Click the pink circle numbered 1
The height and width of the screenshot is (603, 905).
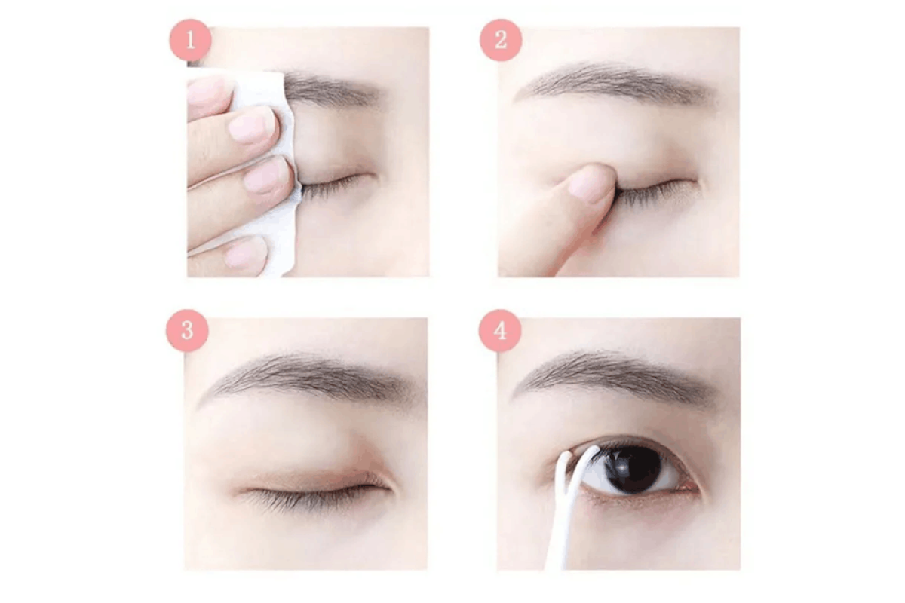click(x=190, y=41)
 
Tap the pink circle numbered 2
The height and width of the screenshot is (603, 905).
click(x=501, y=41)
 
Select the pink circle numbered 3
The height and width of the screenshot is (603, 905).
click(x=187, y=330)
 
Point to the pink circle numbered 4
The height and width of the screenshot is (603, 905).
click(x=500, y=330)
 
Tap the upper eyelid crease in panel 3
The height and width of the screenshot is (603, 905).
click(x=307, y=470)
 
